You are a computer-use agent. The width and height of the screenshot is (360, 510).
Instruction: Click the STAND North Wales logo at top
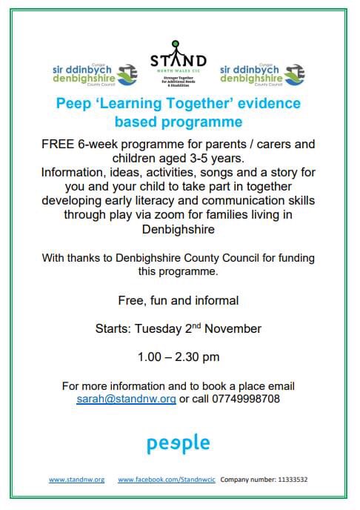click(179, 65)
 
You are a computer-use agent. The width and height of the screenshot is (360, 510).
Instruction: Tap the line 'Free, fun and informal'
click(178, 301)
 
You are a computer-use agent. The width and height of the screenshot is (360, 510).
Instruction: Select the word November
click(234, 328)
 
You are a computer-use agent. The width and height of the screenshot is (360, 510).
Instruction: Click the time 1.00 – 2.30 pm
click(179, 357)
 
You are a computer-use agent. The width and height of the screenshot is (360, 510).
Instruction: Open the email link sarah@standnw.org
click(126, 398)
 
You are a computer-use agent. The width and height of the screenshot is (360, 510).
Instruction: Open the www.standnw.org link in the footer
click(76, 480)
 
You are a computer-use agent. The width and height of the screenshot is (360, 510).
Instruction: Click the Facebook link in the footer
click(166, 480)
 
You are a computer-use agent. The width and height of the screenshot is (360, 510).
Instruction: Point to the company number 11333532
click(287, 480)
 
